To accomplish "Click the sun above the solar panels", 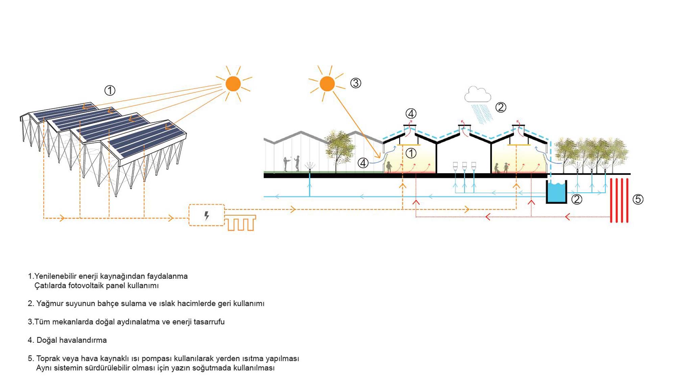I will (x=233, y=84).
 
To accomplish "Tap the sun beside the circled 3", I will (x=327, y=84).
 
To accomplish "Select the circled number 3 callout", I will (x=356, y=83).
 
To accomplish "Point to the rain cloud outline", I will (x=478, y=94).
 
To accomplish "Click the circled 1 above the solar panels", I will (x=110, y=90).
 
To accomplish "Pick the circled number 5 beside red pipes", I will (x=638, y=199).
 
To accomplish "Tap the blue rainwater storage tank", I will (x=556, y=193).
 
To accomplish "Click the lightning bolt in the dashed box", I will (x=207, y=215).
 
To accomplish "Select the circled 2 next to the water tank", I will (x=577, y=199).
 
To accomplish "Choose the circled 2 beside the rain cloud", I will (x=501, y=107).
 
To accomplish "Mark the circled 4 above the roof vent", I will (x=411, y=113).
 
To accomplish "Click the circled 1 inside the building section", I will (x=411, y=153).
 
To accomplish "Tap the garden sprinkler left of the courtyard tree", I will (x=310, y=167).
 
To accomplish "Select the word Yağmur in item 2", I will (x=50, y=303).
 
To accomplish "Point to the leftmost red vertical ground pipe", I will (x=611, y=200).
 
